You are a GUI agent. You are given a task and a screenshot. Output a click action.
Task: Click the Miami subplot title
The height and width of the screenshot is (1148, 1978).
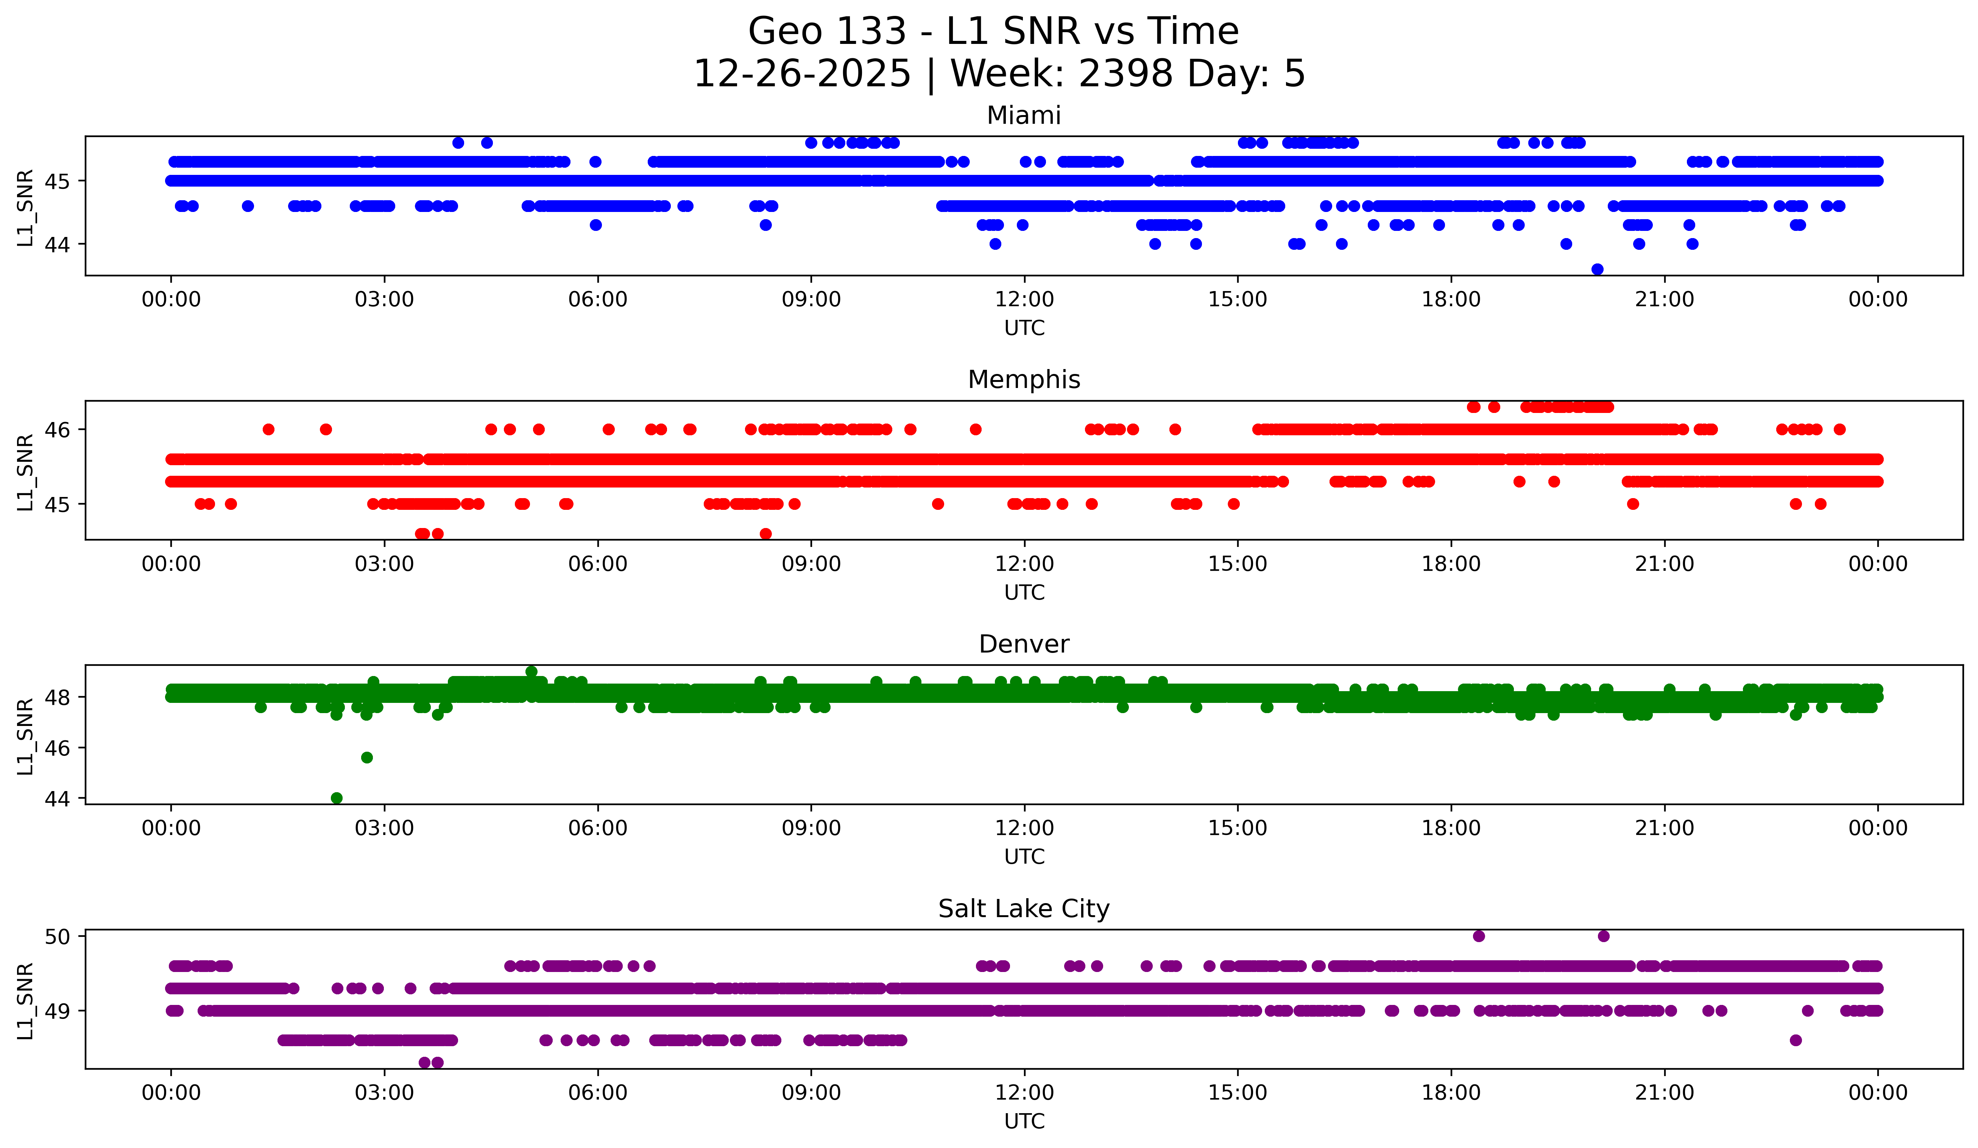(x=1024, y=115)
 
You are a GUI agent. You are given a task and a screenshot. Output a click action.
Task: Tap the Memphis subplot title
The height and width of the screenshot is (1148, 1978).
(x=1024, y=380)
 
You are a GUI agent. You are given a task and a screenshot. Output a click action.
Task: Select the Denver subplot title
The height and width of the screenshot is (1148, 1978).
(x=1024, y=644)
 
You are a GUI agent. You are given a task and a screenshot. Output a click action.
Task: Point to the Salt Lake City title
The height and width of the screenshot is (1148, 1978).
(x=1024, y=909)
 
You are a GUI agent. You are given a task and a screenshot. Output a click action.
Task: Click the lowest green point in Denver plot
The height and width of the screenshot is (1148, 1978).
(x=337, y=798)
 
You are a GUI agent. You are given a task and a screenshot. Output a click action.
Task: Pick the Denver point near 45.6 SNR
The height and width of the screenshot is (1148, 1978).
(x=366, y=757)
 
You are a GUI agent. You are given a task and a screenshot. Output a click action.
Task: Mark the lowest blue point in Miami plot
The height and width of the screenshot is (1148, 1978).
(x=1597, y=269)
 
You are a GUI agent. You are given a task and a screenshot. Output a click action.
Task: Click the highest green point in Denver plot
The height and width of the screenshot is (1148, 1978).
(x=532, y=672)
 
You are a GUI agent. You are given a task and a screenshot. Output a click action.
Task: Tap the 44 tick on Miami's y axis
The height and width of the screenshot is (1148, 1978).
(x=56, y=245)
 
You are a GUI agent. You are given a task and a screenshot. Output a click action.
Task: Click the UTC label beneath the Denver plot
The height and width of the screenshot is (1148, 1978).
(x=1024, y=857)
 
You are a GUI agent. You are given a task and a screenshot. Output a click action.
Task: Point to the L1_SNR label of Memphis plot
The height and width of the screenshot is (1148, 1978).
(x=25, y=472)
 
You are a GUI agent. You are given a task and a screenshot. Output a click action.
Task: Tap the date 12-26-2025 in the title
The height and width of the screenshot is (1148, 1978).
(x=802, y=74)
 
